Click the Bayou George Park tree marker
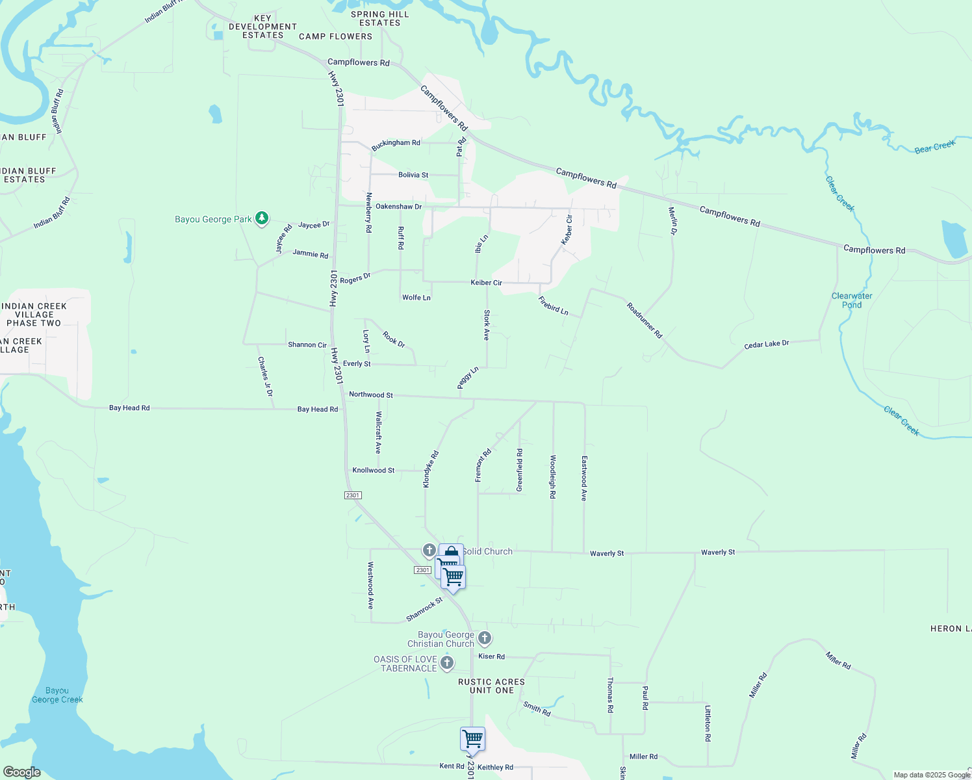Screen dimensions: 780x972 tap(261, 218)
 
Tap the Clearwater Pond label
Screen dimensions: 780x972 tap(852, 300)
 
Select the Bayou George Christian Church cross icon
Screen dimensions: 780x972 tap(485, 638)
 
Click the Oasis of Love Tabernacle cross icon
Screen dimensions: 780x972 tap(446, 663)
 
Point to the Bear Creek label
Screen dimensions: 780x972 tap(934, 147)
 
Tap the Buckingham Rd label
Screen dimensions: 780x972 tap(396, 144)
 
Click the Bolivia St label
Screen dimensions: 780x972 tap(413, 175)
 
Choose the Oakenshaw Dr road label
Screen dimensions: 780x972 tap(399, 206)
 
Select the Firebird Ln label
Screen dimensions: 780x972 tap(554, 305)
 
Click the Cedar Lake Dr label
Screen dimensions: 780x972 tap(767, 344)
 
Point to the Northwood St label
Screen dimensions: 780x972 tap(371, 395)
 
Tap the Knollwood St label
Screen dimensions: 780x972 tap(374, 470)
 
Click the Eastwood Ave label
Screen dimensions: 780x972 tap(584, 478)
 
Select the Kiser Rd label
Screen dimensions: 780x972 tap(491, 656)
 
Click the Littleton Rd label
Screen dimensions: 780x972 tap(708, 723)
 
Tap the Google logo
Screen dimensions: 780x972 tap(21, 772)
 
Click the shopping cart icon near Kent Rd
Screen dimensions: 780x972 tap(472, 740)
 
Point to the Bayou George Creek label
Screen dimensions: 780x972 tap(57, 695)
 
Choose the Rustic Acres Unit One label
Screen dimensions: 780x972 tap(491, 686)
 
